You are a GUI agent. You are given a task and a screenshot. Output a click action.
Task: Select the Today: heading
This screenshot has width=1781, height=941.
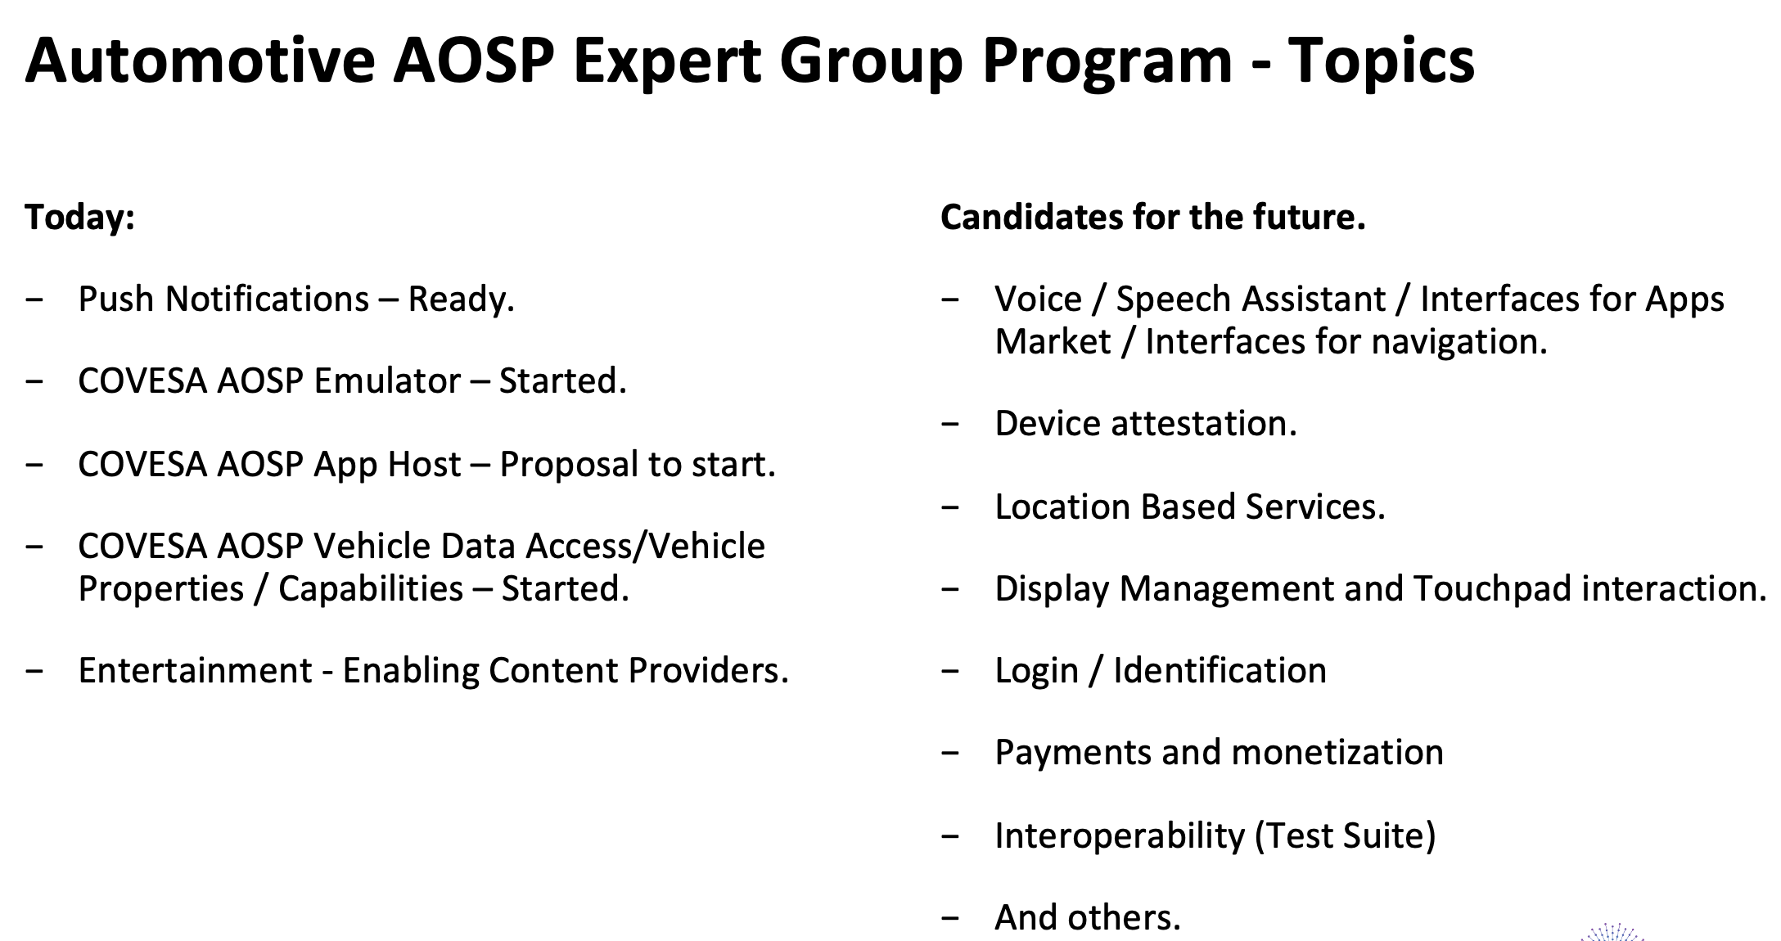pos(80,217)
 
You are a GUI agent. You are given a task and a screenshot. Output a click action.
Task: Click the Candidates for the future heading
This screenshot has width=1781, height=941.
pos(1153,217)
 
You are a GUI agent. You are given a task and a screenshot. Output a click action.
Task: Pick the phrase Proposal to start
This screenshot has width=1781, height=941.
pos(638,465)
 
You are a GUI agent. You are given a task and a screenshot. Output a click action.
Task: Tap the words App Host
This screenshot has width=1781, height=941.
pos(387,465)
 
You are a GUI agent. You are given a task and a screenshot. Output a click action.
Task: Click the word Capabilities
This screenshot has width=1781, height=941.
pos(371,589)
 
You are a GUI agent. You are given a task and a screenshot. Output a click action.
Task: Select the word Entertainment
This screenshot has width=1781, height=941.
pos(196,671)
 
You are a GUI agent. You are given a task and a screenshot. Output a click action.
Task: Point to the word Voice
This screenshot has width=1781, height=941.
pos(1039,299)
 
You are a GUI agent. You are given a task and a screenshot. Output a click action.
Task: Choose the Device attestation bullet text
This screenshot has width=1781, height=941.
pos(1146,424)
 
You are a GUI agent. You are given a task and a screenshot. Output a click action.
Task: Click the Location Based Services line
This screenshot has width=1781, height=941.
pos(1190,507)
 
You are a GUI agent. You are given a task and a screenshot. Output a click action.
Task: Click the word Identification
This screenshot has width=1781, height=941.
pos(1220,671)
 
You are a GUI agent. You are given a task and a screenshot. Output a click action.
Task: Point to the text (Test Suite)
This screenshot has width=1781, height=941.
pos(1345,836)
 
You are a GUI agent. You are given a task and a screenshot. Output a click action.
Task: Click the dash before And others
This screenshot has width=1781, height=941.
pos(950,919)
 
